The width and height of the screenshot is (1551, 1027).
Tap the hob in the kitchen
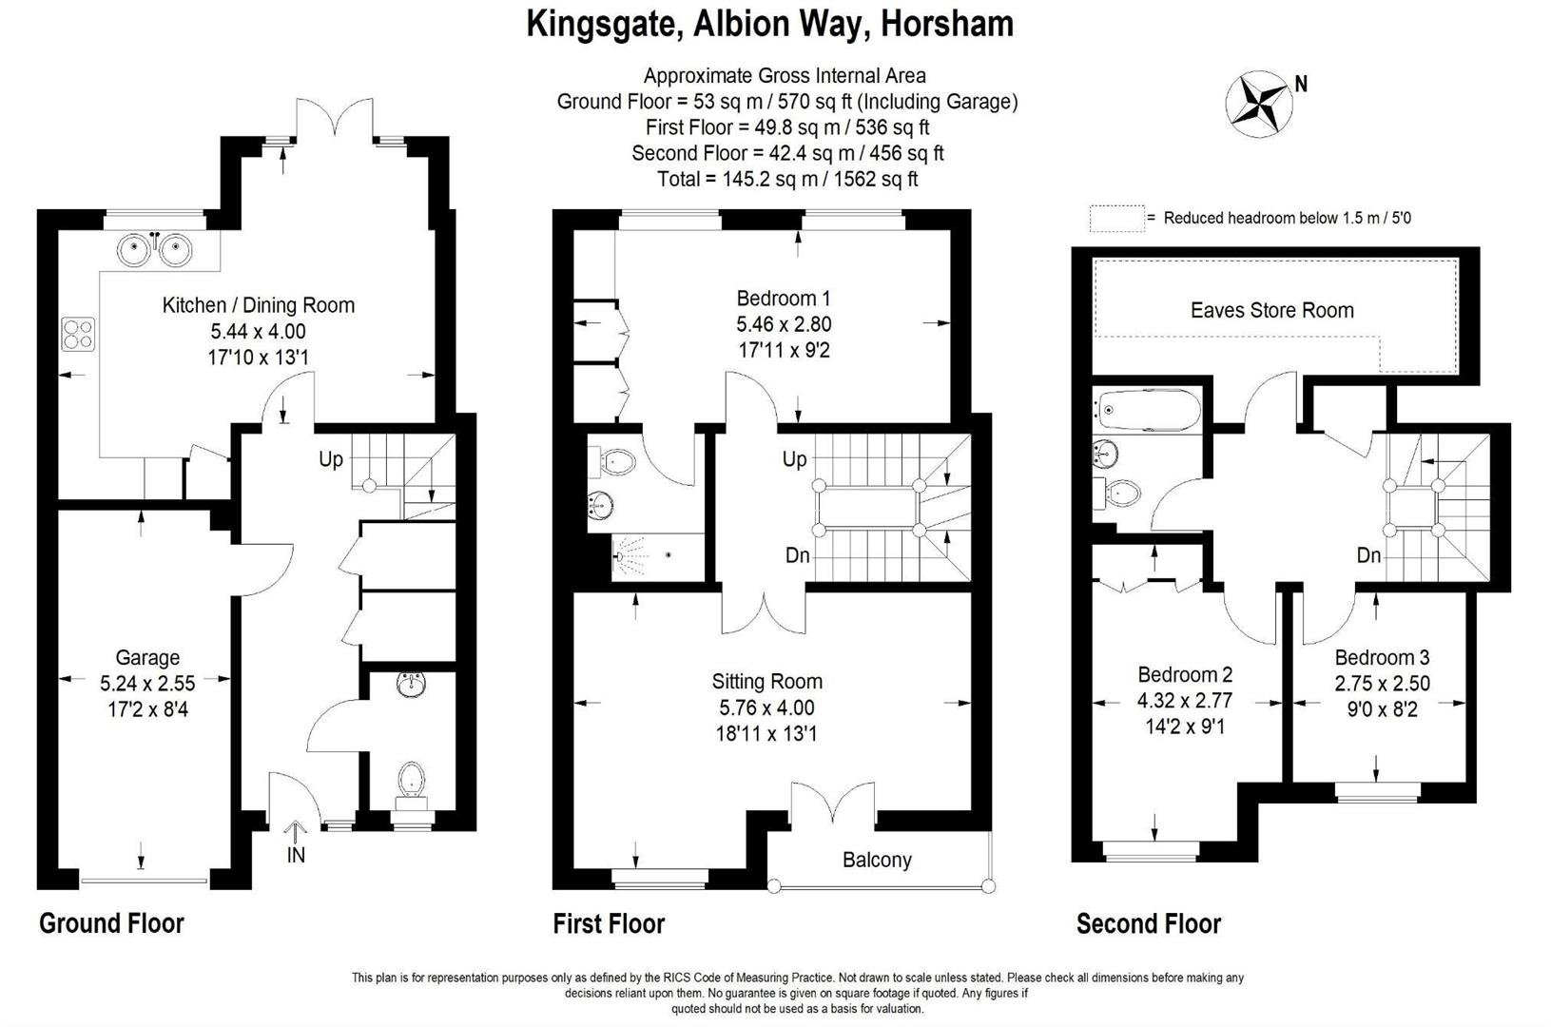(78, 334)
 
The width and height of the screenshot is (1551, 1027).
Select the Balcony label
(877, 860)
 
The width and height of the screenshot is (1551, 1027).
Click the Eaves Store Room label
(1272, 310)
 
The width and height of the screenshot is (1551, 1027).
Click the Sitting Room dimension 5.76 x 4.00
(766, 707)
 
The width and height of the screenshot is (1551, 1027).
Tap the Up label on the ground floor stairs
(330, 459)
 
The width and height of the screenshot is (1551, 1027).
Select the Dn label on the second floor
(1369, 554)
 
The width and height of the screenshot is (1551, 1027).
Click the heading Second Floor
(1149, 923)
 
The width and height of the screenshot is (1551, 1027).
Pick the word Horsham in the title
(947, 24)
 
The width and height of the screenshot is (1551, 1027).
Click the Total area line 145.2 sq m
(787, 180)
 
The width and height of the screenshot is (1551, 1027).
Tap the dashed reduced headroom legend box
(1116, 218)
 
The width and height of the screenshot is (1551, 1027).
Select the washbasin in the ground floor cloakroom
(412, 685)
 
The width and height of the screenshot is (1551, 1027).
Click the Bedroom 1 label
(784, 298)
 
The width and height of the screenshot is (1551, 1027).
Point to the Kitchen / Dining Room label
(259, 304)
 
